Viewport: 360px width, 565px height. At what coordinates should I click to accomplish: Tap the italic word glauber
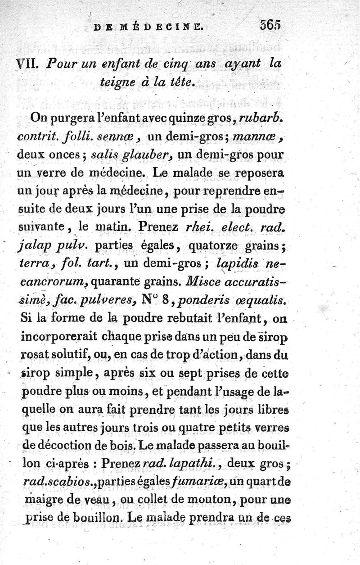(149, 155)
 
